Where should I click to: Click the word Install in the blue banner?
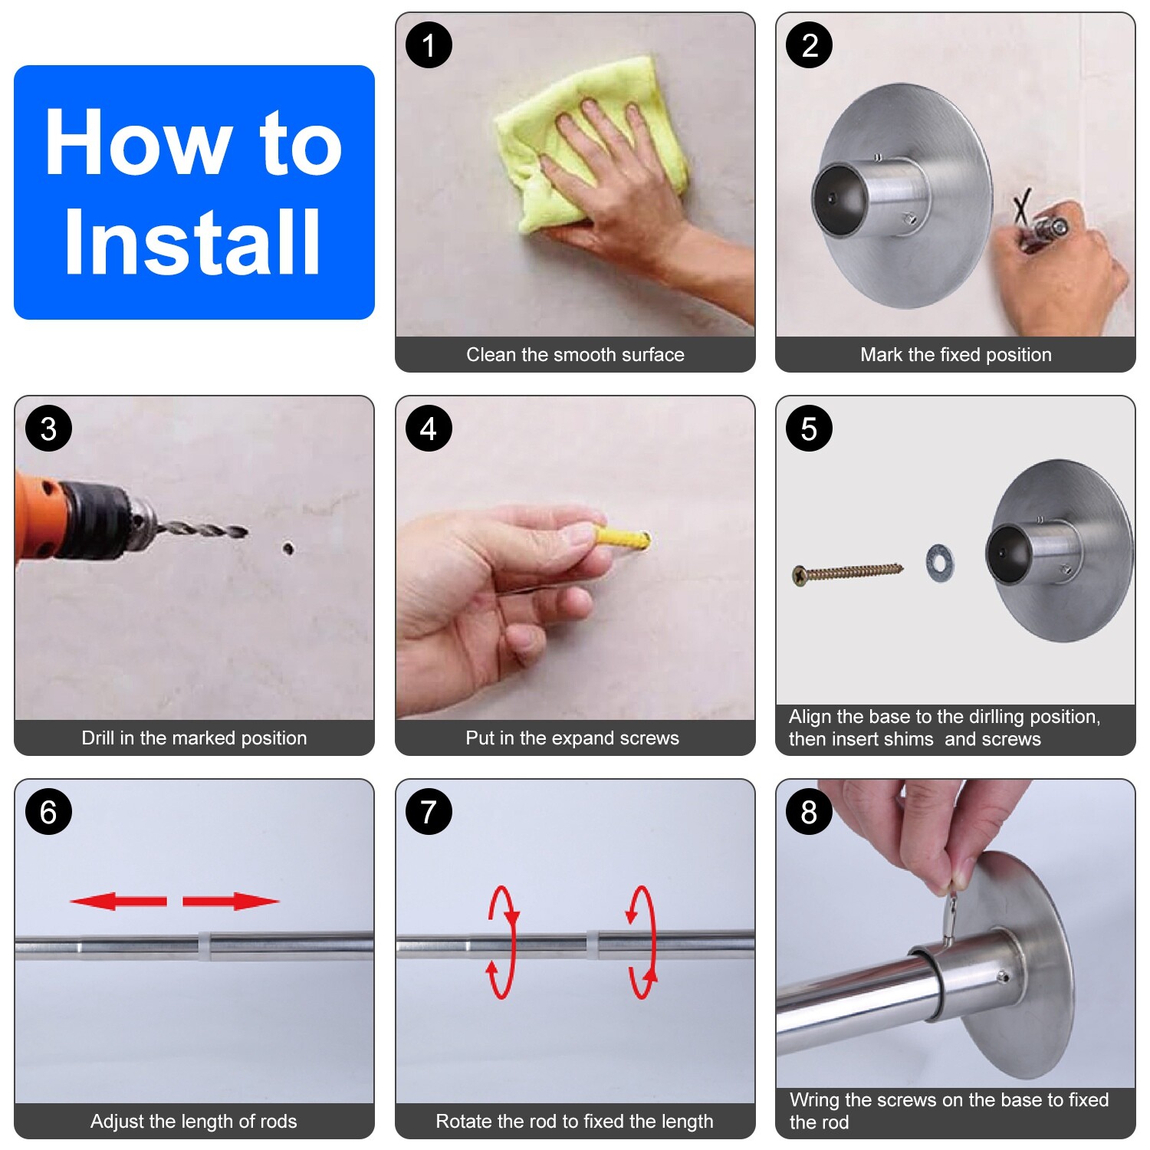click(192, 242)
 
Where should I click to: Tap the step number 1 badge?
click(429, 45)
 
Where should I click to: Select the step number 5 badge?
click(809, 429)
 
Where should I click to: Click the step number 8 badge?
click(809, 812)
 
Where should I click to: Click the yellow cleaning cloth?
click(590, 142)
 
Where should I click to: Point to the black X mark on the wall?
click(1022, 206)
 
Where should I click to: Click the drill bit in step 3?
click(201, 529)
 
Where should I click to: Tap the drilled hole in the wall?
click(288, 547)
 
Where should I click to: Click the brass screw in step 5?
click(848, 572)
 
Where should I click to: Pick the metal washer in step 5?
click(940, 563)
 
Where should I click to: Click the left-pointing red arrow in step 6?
click(118, 901)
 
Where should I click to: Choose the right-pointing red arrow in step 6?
click(231, 901)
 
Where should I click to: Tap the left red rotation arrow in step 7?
click(502, 942)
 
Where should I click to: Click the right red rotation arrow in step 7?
click(642, 942)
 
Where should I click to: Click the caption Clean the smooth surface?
click(575, 354)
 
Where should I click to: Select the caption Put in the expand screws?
click(572, 738)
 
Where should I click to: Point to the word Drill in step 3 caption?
click(98, 738)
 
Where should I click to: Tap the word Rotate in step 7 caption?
click(463, 1121)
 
